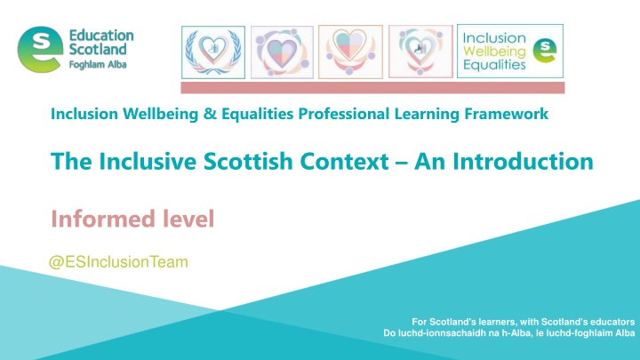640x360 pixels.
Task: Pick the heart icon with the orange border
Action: pos(349,52)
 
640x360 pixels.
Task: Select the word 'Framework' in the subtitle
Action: pos(499,115)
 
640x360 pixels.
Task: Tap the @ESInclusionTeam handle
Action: pos(108,262)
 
